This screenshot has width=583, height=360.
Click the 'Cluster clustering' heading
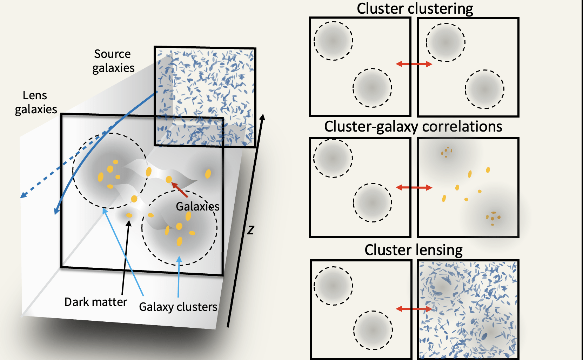(x=415, y=9)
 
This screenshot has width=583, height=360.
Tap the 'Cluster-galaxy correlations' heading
(x=413, y=127)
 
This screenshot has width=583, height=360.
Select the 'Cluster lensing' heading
(x=413, y=250)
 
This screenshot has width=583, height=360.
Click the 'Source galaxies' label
(x=113, y=61)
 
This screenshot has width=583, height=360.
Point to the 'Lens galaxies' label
(x=35, y=102)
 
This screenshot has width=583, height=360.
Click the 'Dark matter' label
(x=95, y=302)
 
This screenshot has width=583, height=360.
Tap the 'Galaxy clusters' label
(x=178, y=307)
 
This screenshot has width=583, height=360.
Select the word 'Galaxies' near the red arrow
(x=197, y=207)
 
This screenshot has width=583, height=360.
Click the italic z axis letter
(x=250, y=230)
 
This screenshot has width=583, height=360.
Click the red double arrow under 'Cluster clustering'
(x=414, y=64)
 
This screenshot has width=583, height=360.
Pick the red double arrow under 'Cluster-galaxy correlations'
(x=414, y=188)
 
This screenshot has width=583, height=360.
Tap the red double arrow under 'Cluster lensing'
(x=414, y=309)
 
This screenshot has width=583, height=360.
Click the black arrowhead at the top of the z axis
(x=262, y=117)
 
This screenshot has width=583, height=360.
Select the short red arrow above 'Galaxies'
(x=180, y=189)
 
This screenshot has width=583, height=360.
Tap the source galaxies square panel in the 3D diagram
(x=205, y=96)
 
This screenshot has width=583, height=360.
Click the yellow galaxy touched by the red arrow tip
(x=169, y=180)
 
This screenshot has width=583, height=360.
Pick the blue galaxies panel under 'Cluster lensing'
(x=468, y=309)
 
